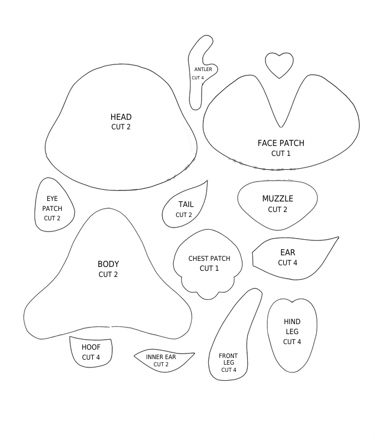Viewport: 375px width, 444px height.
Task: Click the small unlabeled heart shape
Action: pyautogui.click(x=279, y=65)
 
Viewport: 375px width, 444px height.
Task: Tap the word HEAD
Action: pyautogui.click(x=121, y=117)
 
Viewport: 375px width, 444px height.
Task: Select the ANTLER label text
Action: pyautogui.click(x=203, y=69)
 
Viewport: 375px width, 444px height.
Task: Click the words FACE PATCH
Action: pyautogui.click(x=281, y=143)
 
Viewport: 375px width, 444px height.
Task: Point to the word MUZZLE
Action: pyautogui.click(x=277, y=199)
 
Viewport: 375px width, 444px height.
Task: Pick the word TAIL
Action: pyautogui.click(x=186, y=204)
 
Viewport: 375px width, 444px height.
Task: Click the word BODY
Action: pyautogui.click(x=108, y=264)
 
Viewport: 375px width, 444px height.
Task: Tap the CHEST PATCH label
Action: pyautogui.click(x=209, y=258)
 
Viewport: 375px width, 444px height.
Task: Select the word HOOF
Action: pyautogui.click(x=91, y=347)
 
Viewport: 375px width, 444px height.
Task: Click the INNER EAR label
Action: pyautogui.click(x=161, y=357)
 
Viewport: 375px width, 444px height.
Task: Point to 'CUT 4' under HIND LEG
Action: pyautogui.click(x=292, y=341)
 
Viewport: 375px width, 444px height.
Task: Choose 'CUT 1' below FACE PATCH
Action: pyautogui.click(x=281, y=153)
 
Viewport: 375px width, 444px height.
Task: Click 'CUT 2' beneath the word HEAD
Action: pyautogui.click(x=121, y=127)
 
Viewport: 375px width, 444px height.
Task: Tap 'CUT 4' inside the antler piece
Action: pyautogui.click(x=198, y=78)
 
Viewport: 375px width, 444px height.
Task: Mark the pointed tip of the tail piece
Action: pyautogui.click(x=207, y=180)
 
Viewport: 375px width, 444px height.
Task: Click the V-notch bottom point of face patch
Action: pyautogui.click(x=281, y=127)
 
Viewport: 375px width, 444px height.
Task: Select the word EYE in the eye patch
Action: pyautogui.click(x=52, y=199)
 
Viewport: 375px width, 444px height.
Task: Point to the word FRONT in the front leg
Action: pyautogui.click(x=228, y=356)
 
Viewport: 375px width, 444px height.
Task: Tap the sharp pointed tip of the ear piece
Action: pyautogui.click(x=338, y=238)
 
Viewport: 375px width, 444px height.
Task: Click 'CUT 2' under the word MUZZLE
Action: pyautogui.click(x=277, y=209)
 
